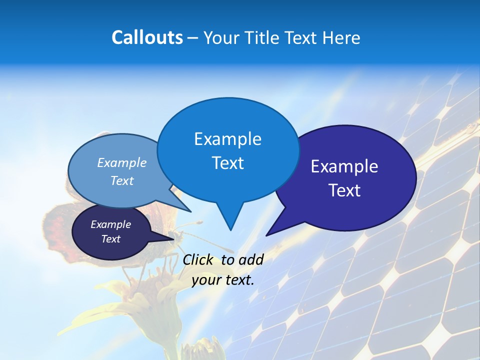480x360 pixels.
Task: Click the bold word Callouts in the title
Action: (x=147, y=37)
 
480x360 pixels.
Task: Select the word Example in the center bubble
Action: (x=227, y=139)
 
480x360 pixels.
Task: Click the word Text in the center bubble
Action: (x=227, y=163)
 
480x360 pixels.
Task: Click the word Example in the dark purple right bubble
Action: (x=344, y=166)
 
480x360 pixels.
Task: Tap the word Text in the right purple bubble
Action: (x=344, y=190)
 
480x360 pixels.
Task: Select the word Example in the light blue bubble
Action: (x=122, y=162)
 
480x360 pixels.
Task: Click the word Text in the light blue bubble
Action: (x=122, y=180)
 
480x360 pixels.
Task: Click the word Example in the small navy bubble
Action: (x=110, y=224)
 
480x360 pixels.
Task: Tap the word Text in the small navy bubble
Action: (x=110, y=239)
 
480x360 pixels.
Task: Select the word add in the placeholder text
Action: (x=251, y=259)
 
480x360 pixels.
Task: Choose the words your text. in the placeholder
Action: (x=223, y=280)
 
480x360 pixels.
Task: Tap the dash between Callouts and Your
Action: (x=193, y=38)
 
